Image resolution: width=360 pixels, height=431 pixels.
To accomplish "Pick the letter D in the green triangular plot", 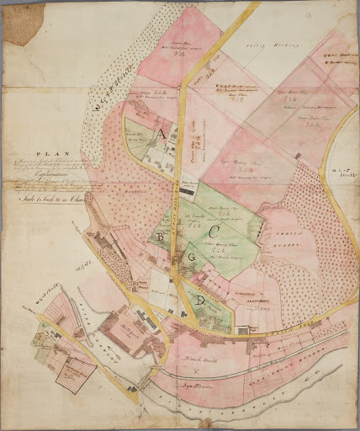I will click(200, 301).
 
